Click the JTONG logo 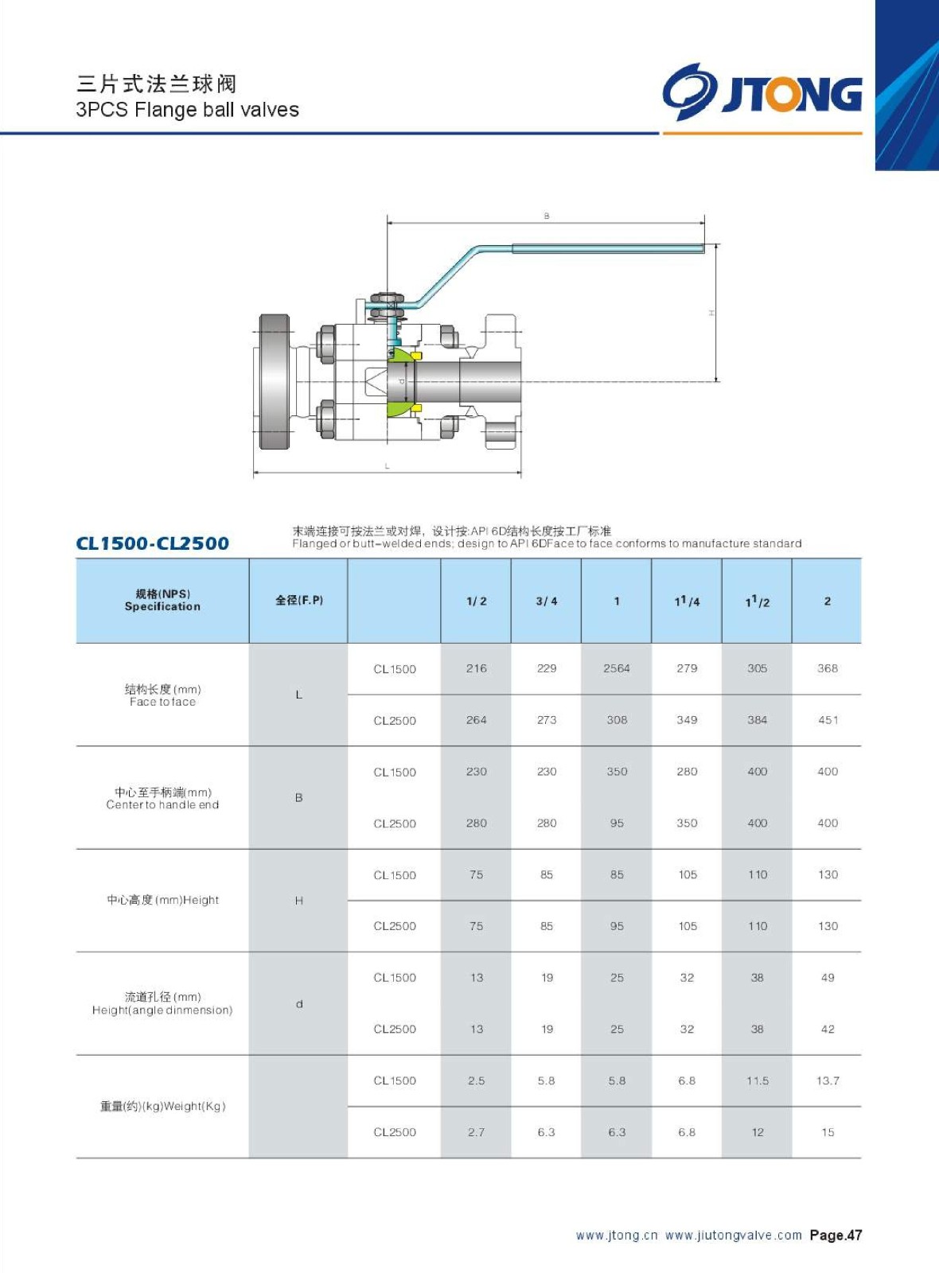[x=762, y=92]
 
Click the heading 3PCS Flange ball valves [x=187, y=110]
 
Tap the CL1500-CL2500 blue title [x=152, y=543]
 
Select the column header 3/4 [x=547, y=601]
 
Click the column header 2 [x=828, y=601]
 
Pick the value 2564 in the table [x=617, y=668]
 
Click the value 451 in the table [x=828, y=720]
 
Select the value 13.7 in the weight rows [x=828, y=1080]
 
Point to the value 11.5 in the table [x=758, y=1080]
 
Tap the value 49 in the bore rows [x=828, y=978]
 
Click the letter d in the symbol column [x=299, y=1004]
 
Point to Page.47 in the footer [x=836, y=1236]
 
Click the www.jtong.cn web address [x=617, y=1236]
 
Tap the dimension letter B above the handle [x=547, y=216]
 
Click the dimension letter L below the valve [x=388, y=466]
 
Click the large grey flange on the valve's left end [x=275, y=382]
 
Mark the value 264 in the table [x=477, y=720]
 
